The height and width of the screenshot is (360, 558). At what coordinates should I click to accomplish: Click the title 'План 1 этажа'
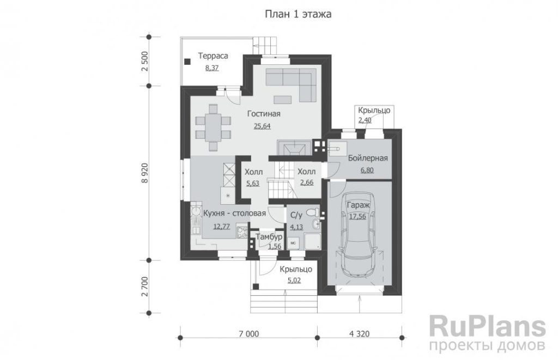tap(298, 14)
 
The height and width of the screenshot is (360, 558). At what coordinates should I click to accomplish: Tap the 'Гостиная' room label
tap(264, 114)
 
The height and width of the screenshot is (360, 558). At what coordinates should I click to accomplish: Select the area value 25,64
tap(262, 126)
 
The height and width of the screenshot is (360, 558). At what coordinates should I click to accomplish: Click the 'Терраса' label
tap(213, 56)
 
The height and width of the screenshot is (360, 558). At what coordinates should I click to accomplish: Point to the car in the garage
tap(357, 235)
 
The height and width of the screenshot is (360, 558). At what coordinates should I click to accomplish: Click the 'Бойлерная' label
tap(368, 158)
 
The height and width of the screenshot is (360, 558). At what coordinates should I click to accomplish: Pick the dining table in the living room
tap(213, 127)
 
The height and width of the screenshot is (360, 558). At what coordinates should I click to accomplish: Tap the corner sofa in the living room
tap(291, 84)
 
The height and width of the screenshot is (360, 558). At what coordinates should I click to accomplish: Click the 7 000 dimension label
tap(249, 334)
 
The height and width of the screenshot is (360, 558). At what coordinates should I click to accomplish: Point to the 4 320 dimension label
tap(360, 334)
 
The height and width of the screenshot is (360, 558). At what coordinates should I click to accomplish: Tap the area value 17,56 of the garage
tap(357, 216)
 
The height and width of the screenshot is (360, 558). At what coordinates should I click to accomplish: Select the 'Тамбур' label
tap(269, 237)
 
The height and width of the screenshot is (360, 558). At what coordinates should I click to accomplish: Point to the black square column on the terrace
tap(187, 62)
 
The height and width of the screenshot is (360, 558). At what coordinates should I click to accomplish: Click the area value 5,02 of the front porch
tap(294, 280)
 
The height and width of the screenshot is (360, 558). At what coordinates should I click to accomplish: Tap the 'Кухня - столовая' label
tap(234, 213)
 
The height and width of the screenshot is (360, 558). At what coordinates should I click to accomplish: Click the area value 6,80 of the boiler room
tap(367, 170)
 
